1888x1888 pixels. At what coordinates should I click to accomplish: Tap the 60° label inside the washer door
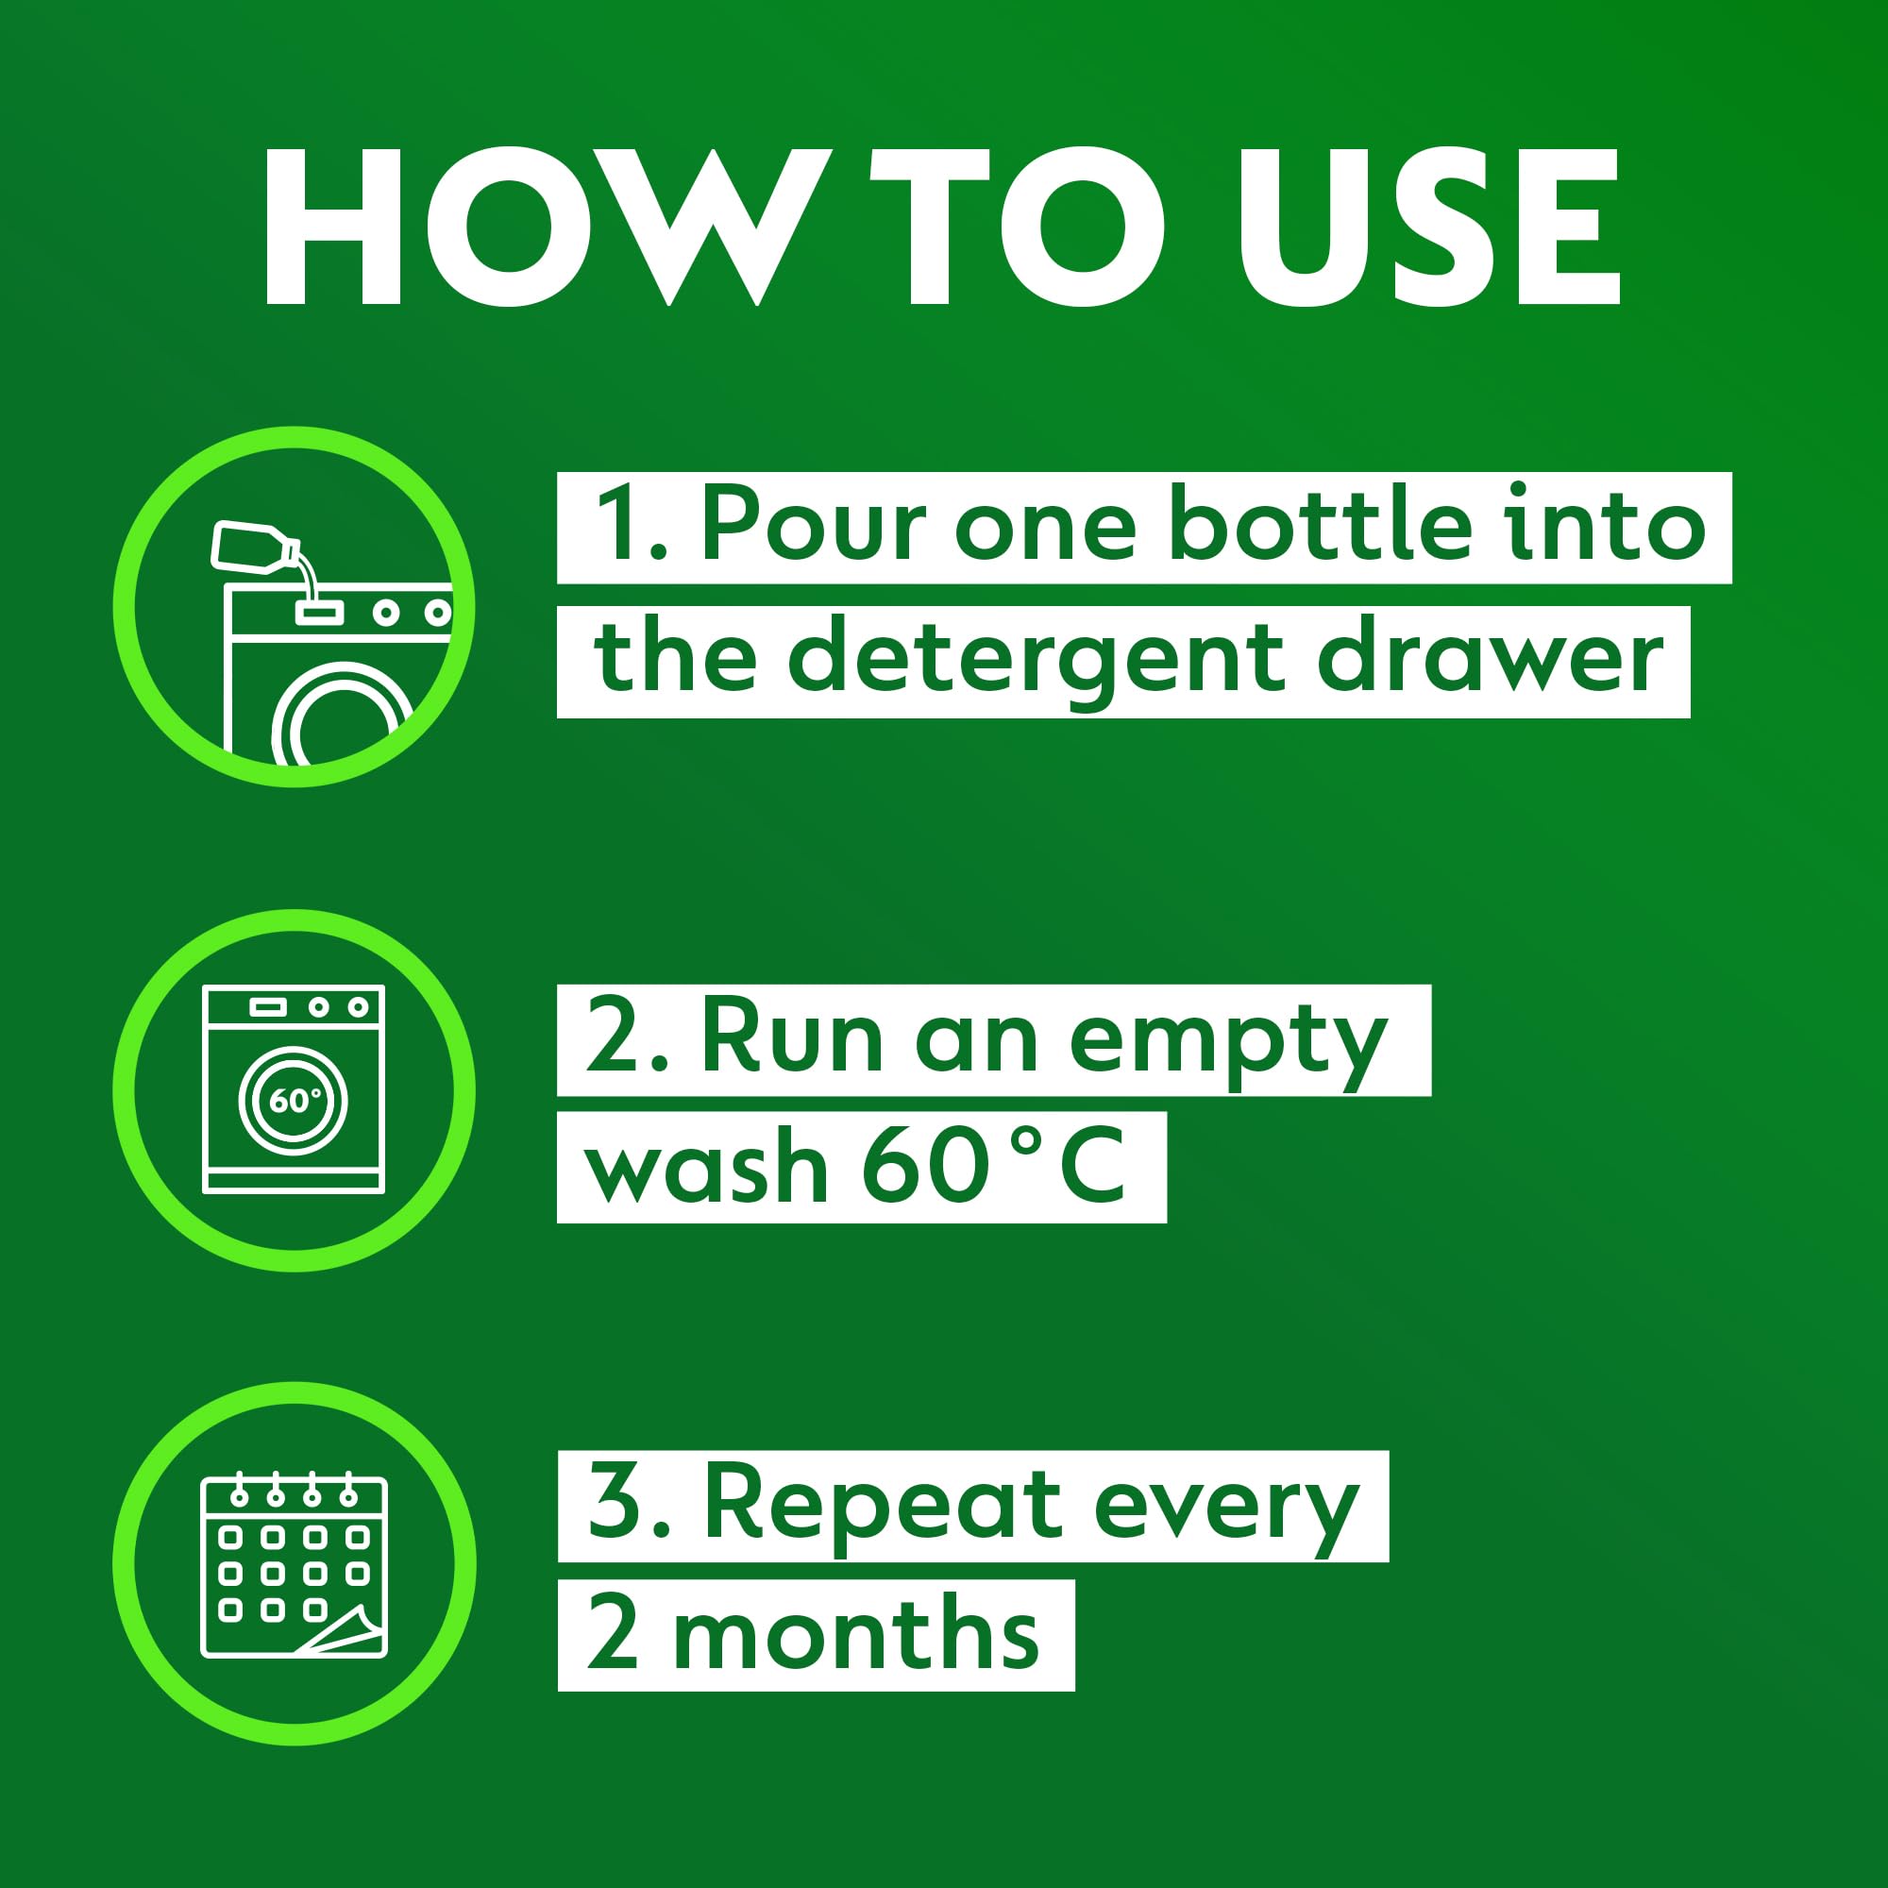pyautogui.click(x=294, y=1102)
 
